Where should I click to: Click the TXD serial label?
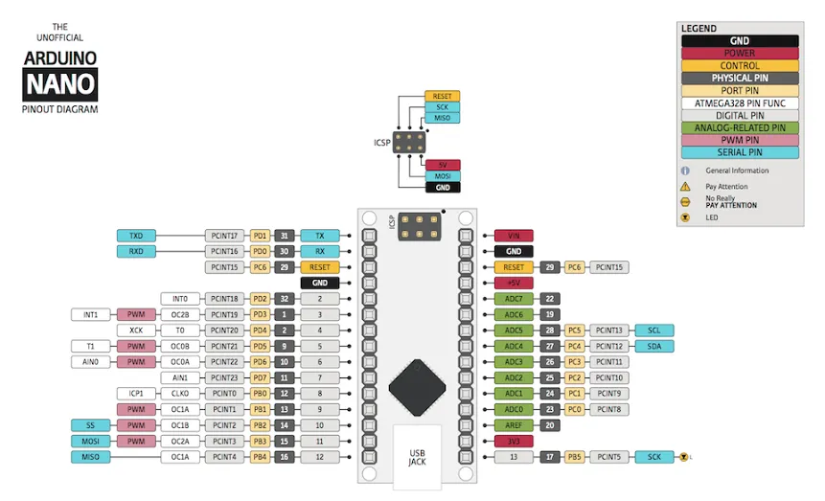point(136,236)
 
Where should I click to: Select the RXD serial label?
point(136,251)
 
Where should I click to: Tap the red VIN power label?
point(513,236)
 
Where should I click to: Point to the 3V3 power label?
point(513,442)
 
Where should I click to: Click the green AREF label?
point(513,425)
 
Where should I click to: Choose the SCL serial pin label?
point(654,330)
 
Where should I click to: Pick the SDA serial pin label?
point(654,346)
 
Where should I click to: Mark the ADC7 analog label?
point(513,299)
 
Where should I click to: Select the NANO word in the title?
point(60,85)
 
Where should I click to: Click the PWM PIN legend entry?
point(739,140)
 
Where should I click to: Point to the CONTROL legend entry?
point(739,65)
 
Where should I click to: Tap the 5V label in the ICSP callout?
point(442,165)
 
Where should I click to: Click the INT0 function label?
point(179,299)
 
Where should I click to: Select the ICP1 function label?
point(136,394)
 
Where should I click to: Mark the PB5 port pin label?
point(573,457)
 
